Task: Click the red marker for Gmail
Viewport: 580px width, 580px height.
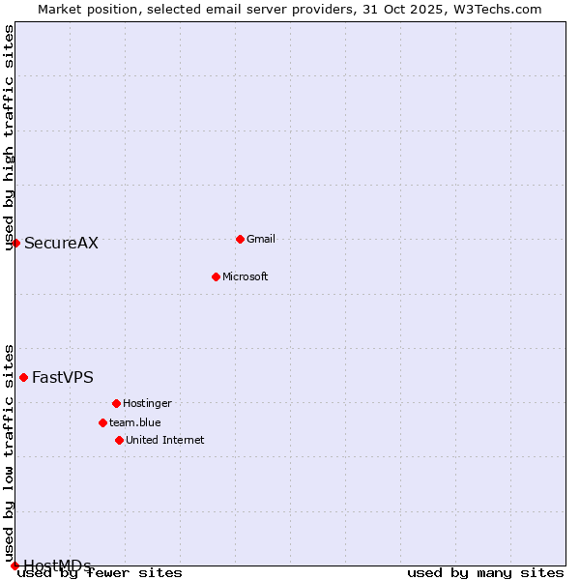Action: pyautogui.click(x=240, y=239)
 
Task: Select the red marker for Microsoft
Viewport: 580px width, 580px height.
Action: pyautogui.click(x=216, y=276)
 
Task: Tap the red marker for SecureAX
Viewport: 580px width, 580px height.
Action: pyautogui.click(x=15, y=243)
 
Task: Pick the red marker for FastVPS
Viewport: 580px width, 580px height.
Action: pyautogui.click(x=23, y=377)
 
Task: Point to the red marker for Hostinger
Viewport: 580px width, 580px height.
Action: pyautogui.click(x=116, y=403)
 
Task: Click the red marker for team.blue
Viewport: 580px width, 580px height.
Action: pyautogui.click(x=102, y=422)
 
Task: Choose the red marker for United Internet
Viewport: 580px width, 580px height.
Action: pyautogui.click(x=119, y=440)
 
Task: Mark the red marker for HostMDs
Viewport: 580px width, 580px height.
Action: pyautogui.click(x=14, y=565)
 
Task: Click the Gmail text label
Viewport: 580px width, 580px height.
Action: pyautogui.click(x=261, y=239)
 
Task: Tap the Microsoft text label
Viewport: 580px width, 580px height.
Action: pyautogui.click(x=245, y=276)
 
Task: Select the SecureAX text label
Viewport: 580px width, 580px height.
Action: pyautogui.click(x=61, y=243)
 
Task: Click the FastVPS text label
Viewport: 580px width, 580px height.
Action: pyautogui.click(x=63, y=377)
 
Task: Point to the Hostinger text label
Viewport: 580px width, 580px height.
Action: pyautogui.click(x=147, y=403)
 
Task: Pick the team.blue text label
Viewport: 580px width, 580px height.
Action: pyautogui.click(x=134, y=422)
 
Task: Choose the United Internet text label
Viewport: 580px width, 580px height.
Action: pyautogui.click(x=164, y=440)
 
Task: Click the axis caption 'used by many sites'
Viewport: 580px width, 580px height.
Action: pyautogui.click(x=485, y=572)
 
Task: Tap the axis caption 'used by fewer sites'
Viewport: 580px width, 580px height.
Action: pyautogui.click(x=101, y=572)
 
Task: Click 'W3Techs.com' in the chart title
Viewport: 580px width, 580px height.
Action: pyautogui.click(x=498, y=9)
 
